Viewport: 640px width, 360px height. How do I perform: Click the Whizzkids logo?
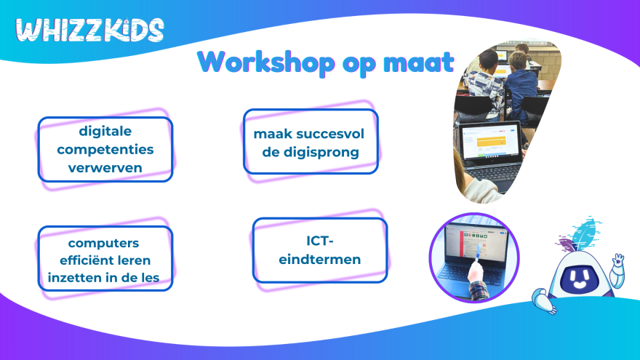89,30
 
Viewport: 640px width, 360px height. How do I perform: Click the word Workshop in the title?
266,63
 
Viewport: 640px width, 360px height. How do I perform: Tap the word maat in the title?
418,63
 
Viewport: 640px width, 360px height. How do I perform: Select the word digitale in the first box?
105,131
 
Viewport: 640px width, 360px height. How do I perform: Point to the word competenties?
105,150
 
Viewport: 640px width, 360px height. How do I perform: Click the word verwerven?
105,168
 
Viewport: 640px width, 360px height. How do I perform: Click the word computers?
104,243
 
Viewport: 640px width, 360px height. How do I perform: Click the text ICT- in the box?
320,241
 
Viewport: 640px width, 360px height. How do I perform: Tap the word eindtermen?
320,259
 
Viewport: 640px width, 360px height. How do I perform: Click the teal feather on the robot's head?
586,233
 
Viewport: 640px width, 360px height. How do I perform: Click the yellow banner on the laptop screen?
492,142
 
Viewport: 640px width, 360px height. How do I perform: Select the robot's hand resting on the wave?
545,300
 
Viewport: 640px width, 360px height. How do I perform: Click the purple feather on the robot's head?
567,246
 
